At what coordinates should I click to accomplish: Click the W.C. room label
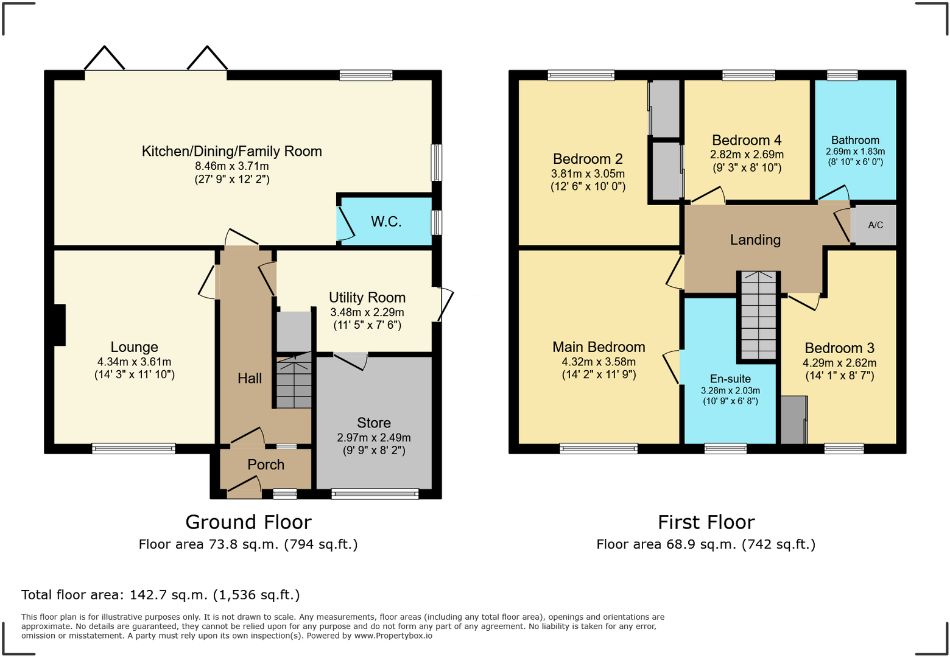coord(386,222)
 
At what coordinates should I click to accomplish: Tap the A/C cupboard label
coord(875,225)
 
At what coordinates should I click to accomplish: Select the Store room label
coord(374,423)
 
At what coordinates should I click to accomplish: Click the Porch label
coord(266,465)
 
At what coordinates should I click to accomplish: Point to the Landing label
coord(755,240)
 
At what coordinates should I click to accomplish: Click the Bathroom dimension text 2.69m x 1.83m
coord(855,152)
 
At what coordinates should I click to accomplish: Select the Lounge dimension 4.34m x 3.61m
coord(134,362)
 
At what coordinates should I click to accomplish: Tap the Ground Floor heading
coord(248,522)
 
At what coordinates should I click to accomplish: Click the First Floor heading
coord(706,522)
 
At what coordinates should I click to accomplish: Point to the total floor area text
coord(161,595)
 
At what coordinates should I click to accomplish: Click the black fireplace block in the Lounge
coord(60,325)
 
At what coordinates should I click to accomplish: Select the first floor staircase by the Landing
coord(758,315)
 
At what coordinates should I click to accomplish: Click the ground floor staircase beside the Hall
coord(294,382)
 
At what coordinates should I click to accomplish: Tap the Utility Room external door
coord(445,304)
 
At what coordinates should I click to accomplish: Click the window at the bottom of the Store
coord(375,494)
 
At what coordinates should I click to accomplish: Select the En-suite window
coord(725,449)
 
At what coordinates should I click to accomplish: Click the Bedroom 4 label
coord(747,141)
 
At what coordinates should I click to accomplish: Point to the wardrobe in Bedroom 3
coord(793,420)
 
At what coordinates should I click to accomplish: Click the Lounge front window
coord(133,449)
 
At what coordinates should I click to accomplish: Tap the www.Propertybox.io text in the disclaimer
coord(393,636)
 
